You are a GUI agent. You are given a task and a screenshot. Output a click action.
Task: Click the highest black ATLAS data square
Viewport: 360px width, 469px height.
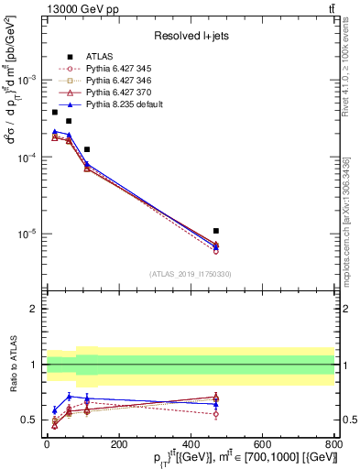tap(55, 112)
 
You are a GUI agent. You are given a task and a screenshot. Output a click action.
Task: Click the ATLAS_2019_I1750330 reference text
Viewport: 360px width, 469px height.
tap(191, 274)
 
